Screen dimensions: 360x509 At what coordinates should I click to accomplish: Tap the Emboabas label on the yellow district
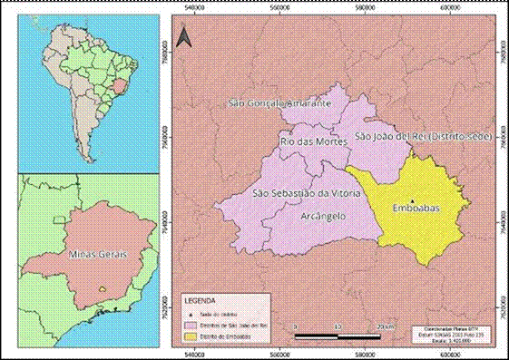point(414,209)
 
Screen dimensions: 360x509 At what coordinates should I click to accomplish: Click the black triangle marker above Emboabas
point(412,199)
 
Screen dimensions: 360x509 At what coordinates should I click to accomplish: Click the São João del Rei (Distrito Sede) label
point(422,135)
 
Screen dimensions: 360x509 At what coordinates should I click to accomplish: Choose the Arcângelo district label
point(324,217)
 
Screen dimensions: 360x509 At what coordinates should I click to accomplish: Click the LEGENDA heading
point(201,298)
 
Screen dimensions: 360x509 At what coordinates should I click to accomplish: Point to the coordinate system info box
point(454,332)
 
